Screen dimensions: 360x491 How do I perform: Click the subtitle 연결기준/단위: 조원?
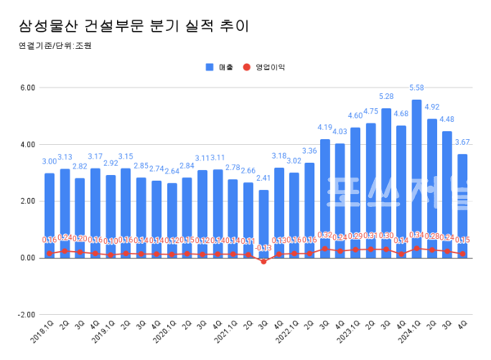coord(54,47)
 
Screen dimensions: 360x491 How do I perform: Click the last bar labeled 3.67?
coord(462,205)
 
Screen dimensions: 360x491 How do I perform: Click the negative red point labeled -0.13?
coord(264,262)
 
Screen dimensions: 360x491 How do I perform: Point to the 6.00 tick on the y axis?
coord(26,88)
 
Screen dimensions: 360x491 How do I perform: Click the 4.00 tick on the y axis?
coord(26,145)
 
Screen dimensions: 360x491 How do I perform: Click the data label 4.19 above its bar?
coord(325,128)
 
